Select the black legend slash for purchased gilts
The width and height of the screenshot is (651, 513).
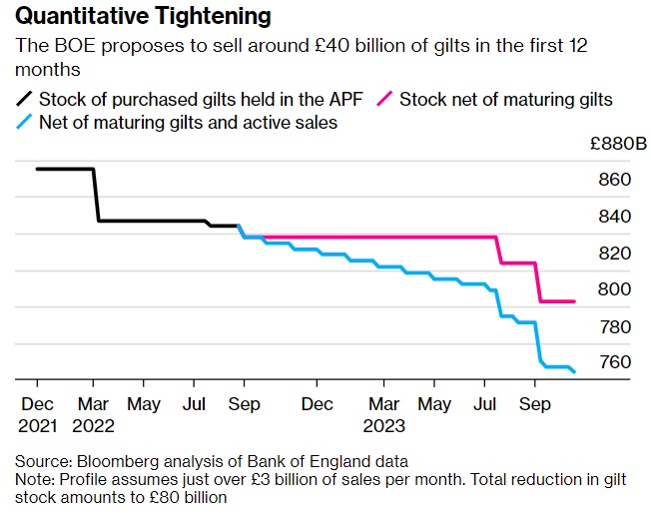coord(24,99)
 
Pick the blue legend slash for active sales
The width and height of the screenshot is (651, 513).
coord(24,124)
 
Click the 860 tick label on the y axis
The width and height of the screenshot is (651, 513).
coord(616,180)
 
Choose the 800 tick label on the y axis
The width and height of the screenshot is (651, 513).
coord(616,289)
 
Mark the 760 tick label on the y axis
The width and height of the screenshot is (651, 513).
coord(616,361)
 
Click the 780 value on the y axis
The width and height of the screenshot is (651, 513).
coord(616,326)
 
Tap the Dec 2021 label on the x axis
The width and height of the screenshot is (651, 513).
coord(37,414)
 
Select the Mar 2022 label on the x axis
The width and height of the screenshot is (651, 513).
coord(93,414)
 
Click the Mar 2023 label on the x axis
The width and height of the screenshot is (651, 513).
coord(384,414)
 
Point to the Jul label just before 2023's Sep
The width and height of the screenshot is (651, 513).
coord(486,404)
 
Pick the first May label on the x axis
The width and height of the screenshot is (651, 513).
coord(144,404)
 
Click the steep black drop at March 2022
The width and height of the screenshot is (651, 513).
coord(97,195)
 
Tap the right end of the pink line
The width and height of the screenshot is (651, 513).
coord(574,301)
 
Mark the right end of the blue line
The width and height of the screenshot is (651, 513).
coord(575,372)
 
